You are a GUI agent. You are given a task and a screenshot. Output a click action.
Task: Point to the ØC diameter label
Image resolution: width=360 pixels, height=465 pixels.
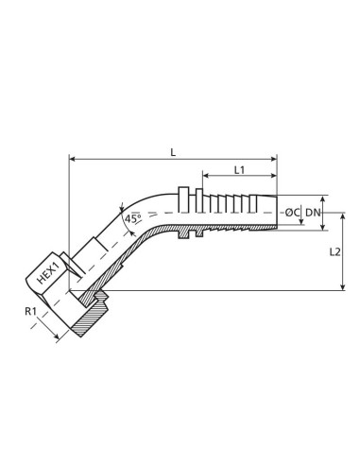pyautogui.click(x=292, y=213)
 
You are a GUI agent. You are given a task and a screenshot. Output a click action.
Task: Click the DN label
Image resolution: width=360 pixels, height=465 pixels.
pyautogui.click(x=313, y=213)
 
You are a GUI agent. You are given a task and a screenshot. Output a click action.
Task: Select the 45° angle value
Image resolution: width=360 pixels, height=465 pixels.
pyautogui.click(x=133, y=219)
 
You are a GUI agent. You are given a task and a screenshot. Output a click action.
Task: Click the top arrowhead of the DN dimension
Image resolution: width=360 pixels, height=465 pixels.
pyautogui.click(x=323, y=199)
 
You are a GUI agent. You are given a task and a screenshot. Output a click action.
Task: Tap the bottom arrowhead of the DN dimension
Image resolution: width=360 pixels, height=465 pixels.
pyautogui.click(x=323, y=227)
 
